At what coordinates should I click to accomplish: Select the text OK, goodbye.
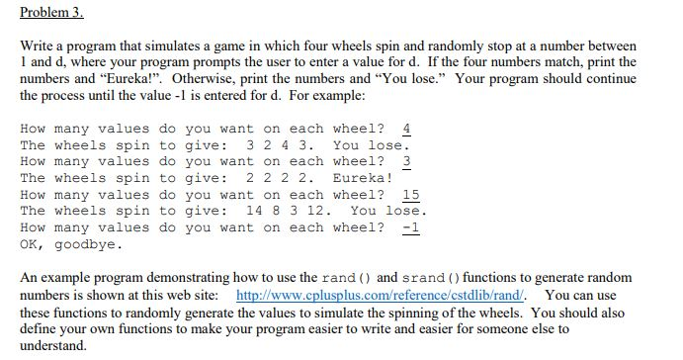coord(71,244)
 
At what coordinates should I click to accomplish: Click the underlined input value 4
coord(407,129)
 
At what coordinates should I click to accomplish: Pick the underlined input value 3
coord(407,161)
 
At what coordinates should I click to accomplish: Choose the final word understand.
coord(53,345)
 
